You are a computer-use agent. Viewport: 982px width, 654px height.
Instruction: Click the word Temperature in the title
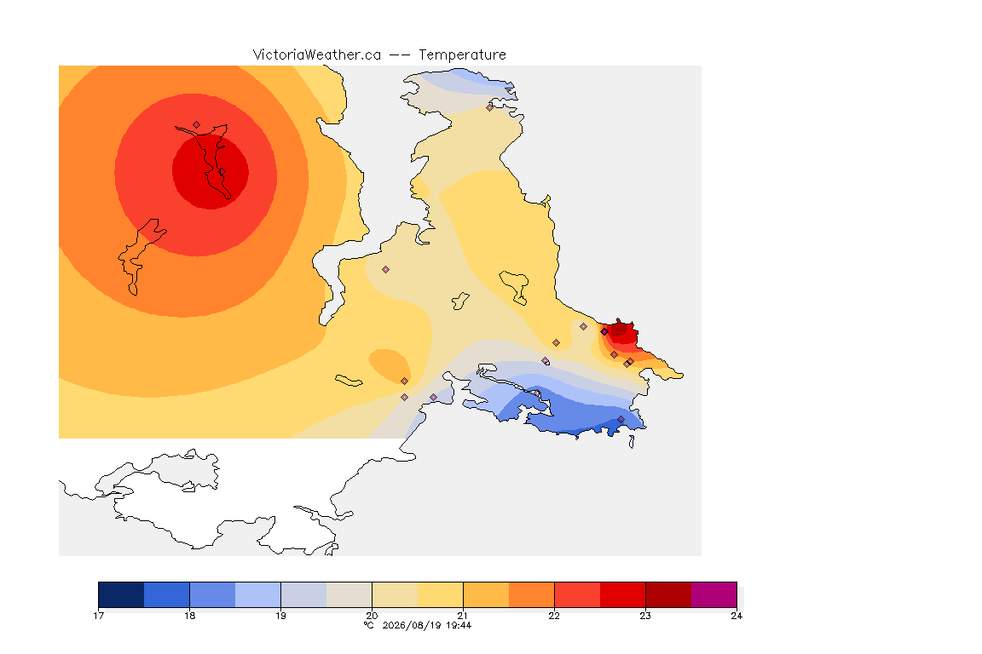click(462, 55)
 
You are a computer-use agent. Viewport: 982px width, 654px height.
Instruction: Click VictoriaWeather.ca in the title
click(317, 55)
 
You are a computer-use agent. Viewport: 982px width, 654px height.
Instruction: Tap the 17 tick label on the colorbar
click(98, 616)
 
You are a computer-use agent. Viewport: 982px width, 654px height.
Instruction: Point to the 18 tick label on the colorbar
click(190, 616)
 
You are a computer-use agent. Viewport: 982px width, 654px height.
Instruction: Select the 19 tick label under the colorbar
click(280, 616)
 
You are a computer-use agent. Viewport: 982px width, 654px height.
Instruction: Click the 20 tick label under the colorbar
click(372, 616)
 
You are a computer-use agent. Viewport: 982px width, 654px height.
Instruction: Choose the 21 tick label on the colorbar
click(463, 616)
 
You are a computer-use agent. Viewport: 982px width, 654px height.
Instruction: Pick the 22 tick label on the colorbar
click(554, 616)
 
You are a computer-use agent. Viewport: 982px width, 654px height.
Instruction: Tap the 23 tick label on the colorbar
click(645, 616)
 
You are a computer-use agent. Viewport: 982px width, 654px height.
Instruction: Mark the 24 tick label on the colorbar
click(736, 616)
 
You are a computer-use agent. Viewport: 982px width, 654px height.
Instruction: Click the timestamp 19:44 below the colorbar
click(459, 625)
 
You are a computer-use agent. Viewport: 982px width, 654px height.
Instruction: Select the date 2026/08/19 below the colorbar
click(412, 625)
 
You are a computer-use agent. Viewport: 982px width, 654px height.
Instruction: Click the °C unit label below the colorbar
click(369, 625)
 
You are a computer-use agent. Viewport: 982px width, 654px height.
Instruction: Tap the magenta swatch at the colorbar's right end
click(714, 594)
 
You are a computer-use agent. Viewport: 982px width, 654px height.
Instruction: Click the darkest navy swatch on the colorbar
click(122, 594)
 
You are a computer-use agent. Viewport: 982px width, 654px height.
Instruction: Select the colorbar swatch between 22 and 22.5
click(577, 594)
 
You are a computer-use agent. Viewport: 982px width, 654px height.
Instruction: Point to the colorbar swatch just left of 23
click(622, 594)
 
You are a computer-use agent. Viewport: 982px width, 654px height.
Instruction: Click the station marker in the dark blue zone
click(621, 419)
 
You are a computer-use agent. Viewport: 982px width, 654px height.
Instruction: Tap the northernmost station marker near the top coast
click(490, 107)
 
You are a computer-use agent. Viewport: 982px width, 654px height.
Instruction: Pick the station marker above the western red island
click(197, 125)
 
